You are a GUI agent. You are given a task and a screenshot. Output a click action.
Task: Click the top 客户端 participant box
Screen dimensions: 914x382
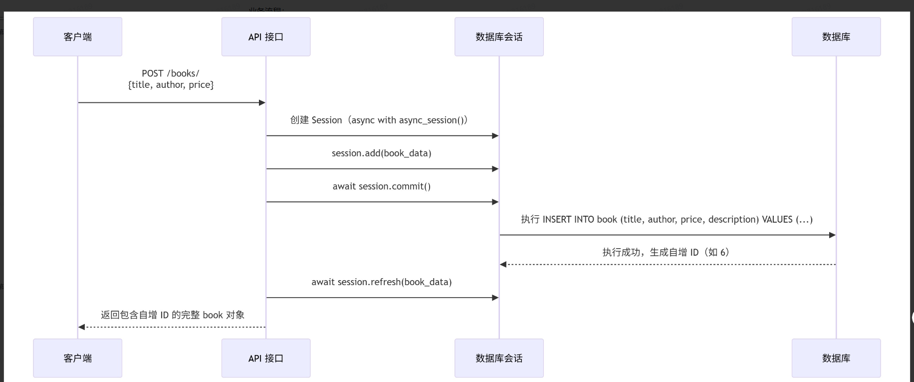pos(77,36)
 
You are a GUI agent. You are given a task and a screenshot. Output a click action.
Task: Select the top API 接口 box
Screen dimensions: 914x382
pos(266,36)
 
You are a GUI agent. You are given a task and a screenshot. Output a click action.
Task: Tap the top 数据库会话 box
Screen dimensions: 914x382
pos(499,36)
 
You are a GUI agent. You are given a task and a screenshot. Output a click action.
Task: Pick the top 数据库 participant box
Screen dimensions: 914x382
pos(836,36)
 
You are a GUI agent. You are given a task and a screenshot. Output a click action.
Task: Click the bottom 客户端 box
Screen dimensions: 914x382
pos(77,358)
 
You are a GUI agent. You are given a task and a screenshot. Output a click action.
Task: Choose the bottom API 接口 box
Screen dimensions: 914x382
pos(266,358)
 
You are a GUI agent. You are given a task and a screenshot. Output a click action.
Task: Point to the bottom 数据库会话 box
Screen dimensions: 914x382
pos(499,358)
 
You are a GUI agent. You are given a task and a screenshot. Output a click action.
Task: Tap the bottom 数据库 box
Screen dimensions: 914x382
pos(836,358)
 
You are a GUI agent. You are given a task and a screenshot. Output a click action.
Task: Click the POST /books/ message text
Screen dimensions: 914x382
pos(171,73)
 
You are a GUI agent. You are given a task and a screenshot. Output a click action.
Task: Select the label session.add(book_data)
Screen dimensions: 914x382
pos(382,153)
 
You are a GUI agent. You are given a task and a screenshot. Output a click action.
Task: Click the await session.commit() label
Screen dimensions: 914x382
pos(382,186)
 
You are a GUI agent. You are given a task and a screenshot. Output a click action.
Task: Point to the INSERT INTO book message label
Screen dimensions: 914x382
pos(667,219)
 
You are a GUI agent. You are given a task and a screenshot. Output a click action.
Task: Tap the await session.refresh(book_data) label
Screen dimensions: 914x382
pos(382,282)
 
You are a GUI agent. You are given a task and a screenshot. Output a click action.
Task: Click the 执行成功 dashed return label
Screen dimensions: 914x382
pos(667,252)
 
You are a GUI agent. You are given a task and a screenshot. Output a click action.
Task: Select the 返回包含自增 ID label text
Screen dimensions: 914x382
pos(173,315)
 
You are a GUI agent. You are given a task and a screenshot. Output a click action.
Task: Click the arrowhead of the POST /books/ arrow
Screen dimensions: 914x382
pos(262,103)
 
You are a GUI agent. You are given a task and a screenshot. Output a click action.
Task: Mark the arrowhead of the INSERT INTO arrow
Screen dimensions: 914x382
pos(832,235)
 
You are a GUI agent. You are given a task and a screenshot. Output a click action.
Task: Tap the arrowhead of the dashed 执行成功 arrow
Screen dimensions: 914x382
pos(503,265)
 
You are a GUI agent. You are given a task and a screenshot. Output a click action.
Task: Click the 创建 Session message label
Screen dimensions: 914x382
pos(379,120)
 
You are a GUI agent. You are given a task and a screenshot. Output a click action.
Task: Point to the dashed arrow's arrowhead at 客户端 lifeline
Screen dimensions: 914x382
pos(82,327)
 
